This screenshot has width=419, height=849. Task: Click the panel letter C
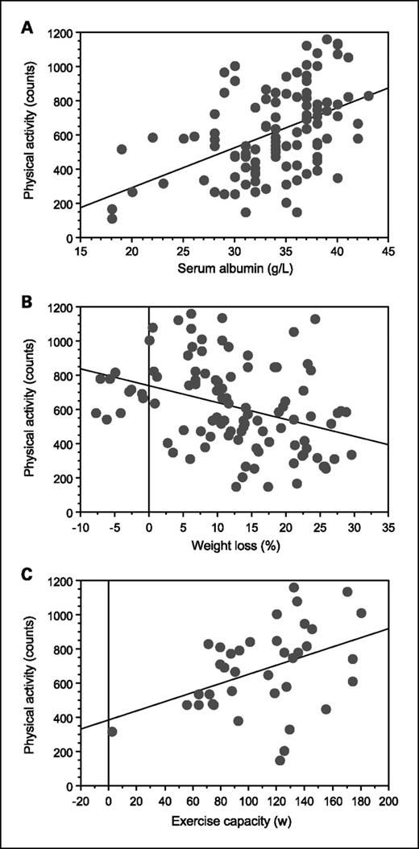[27, 575]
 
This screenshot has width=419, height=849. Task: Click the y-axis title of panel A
[31, 136]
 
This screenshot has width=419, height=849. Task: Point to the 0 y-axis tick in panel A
[70, 239]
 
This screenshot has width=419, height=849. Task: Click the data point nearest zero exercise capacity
[112, 732]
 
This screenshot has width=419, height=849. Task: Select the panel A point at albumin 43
[368, 96]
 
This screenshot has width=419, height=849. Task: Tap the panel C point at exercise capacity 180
[361, 613]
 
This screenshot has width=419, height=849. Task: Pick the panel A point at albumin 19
[122, 150]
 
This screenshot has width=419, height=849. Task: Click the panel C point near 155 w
[326, 709]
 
